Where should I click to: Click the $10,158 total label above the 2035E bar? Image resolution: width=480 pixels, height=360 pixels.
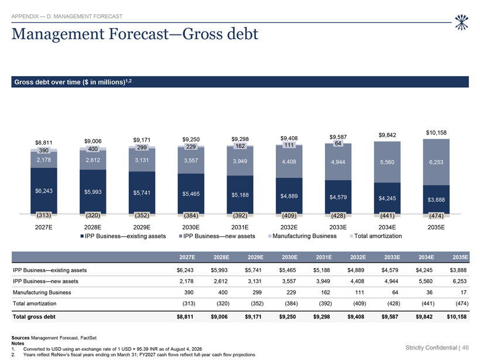click(436, 132)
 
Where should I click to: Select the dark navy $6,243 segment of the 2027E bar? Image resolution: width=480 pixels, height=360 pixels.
click(44, 191)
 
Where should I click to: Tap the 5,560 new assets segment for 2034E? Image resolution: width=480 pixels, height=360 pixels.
click(388, 162)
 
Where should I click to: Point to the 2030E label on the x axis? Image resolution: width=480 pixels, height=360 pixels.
click(191, 227)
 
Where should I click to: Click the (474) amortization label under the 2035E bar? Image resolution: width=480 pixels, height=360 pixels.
click(436, 215)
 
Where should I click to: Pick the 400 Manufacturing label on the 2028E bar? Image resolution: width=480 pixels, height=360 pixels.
click(92, 149)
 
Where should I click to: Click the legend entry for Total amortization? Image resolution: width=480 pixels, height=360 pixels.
click(376, 236)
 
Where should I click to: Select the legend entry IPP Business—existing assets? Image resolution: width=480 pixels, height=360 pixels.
click(123, 236)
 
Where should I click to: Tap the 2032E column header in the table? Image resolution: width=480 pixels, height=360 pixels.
click(358, 257)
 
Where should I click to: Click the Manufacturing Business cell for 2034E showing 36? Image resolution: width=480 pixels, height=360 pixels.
click(429, 292)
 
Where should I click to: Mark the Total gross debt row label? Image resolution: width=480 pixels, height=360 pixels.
click(34, 317)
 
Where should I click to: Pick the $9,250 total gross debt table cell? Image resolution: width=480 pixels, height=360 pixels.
click(287, 317)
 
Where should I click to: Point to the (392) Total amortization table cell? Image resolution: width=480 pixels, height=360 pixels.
click(325, 303)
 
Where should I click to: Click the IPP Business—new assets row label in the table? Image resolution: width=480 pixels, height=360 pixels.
click(46, 281)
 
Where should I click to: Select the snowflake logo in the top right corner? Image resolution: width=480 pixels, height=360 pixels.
click(461, 22)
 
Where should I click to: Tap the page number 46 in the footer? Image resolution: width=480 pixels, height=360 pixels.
click(465, 348)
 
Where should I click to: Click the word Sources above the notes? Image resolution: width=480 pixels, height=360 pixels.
click(20, 338)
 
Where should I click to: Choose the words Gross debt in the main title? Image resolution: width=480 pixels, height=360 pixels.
click(221, 34)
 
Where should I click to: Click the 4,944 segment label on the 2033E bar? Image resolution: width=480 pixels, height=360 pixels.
click(338, 162)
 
